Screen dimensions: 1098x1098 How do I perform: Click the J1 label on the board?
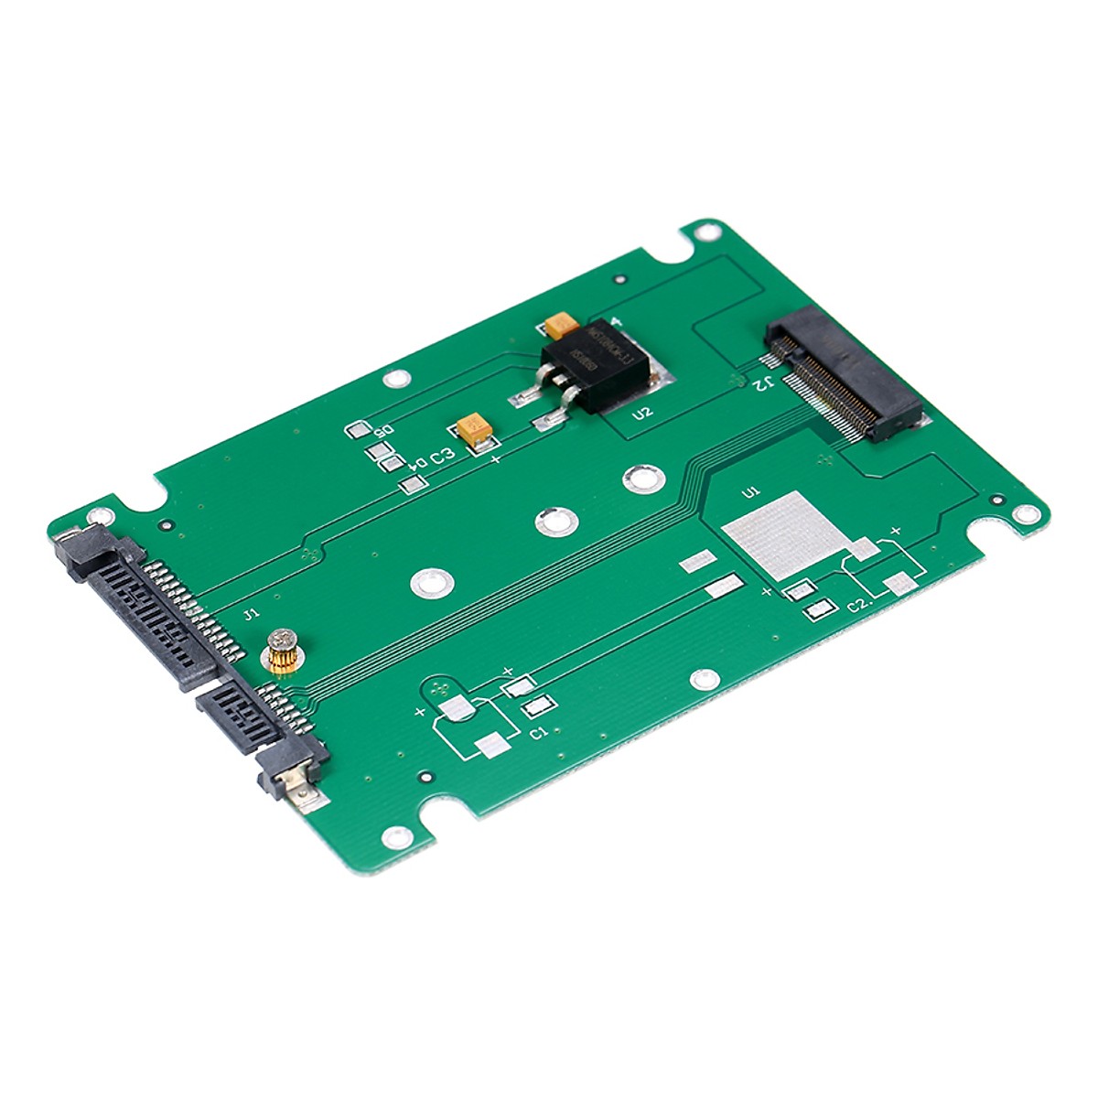click(251, 614)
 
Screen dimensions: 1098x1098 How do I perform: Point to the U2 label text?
click(642, 413)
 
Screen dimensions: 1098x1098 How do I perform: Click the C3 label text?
click(443, 455)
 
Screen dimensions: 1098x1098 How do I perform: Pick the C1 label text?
click(539, 732)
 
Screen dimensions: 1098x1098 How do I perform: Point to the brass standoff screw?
click(279, 651)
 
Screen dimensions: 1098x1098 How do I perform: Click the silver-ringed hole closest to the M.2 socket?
click(643, 477)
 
